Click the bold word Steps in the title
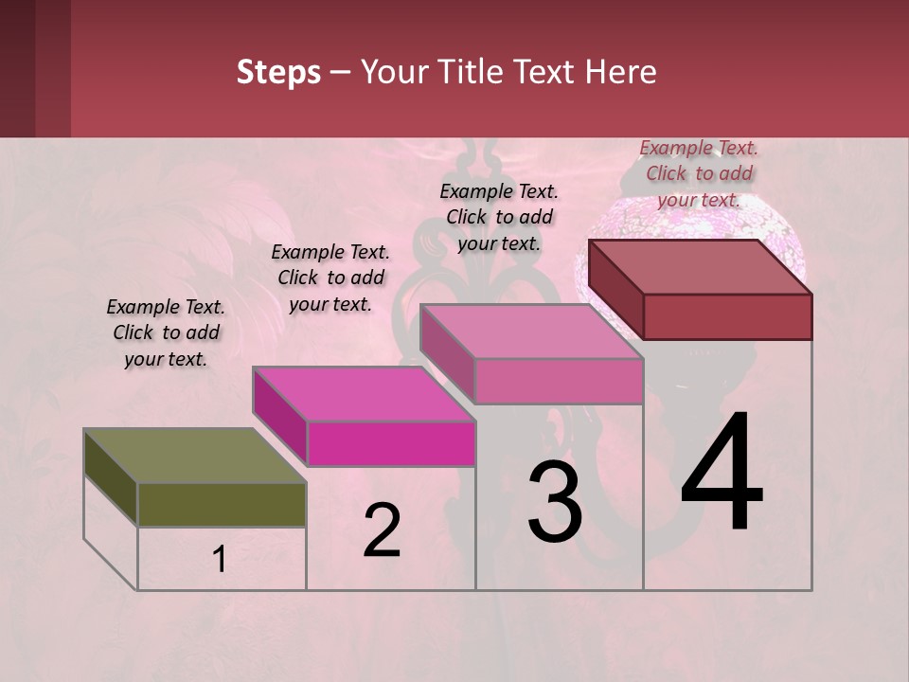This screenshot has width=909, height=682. [278, 72]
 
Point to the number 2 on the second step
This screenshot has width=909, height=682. [382, 530]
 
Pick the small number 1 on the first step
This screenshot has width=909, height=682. [220, 560]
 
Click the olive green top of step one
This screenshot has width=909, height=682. [194, 456]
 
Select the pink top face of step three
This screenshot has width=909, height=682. [531, 332]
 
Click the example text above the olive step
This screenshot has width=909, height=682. [166, 332]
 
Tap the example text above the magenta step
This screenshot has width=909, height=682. [330, 278]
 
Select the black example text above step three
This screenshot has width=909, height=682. [499, 217]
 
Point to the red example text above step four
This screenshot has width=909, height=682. [699, 173]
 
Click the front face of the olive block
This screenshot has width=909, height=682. [222, 504]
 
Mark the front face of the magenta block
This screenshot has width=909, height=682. [391, 443]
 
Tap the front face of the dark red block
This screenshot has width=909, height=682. [727, 316]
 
